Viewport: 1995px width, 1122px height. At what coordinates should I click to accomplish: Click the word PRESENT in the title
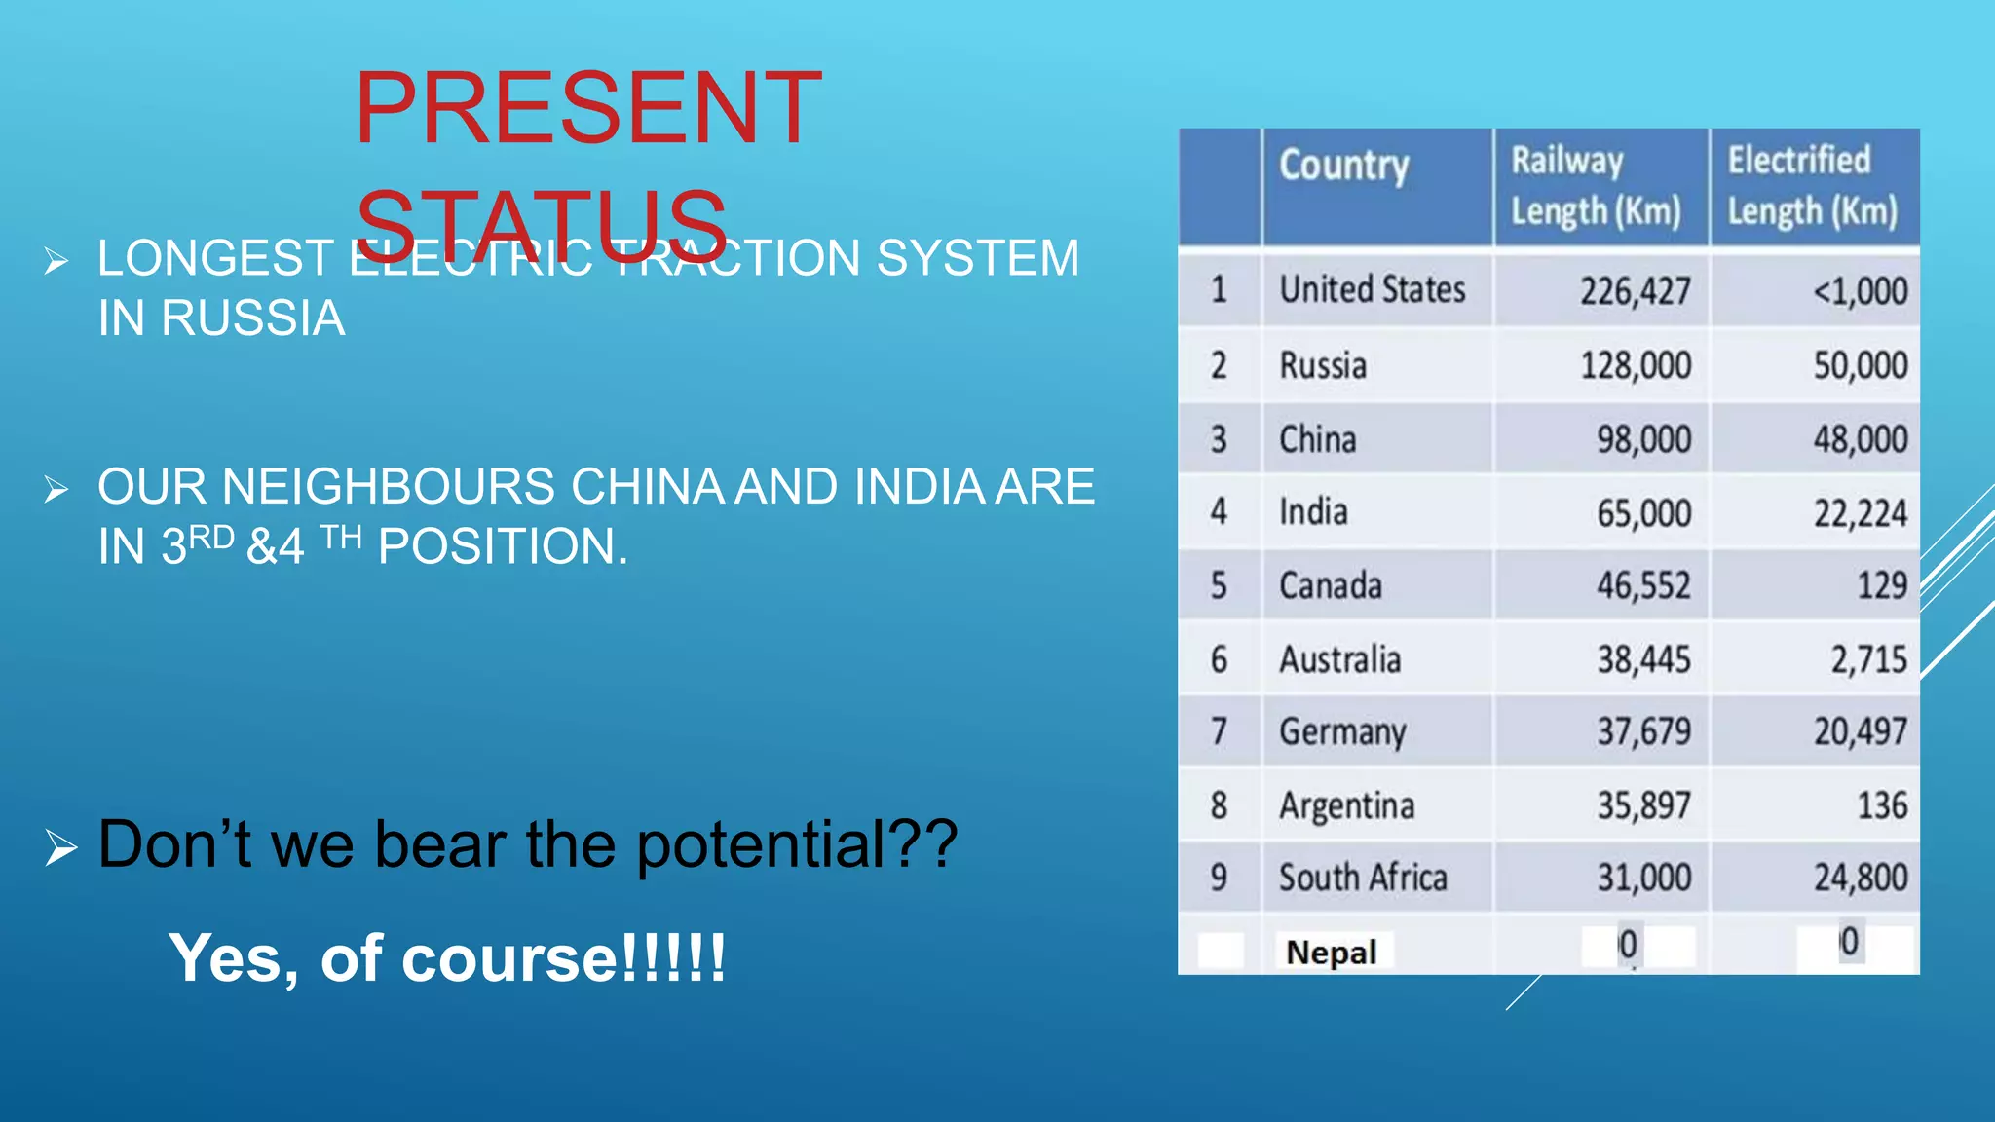coord(588,108)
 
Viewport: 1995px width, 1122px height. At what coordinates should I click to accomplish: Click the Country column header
coord(1343,166)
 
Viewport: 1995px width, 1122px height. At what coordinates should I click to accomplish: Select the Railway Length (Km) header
coord(1596,186)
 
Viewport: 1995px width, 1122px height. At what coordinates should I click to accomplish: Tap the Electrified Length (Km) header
coord(1812,186)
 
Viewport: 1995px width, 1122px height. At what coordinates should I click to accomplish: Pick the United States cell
coord(1372,290)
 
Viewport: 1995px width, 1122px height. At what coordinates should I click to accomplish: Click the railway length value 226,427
coord(1635,291)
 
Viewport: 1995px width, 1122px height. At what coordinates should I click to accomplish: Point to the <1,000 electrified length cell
coord(1859,291)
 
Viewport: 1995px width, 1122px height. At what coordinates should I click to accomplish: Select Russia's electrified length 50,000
coord(1860,365)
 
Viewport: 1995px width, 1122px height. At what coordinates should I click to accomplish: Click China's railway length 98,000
coord(1643,439)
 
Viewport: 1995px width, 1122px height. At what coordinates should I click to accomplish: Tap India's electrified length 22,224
coord(1860,513)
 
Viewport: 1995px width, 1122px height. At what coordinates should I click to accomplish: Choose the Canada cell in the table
coord(1330,586)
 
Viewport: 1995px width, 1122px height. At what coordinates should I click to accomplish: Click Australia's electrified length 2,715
coord(1868,660)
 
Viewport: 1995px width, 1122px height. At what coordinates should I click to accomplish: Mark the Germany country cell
coord(1342,732)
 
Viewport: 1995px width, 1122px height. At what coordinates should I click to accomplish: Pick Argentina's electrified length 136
coord(1881,805)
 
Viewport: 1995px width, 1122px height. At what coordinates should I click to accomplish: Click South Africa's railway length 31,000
coord(1643,878)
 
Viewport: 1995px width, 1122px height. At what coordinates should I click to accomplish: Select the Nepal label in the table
coord(1331,952)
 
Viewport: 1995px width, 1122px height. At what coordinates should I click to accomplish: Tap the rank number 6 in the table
coord(1219,660)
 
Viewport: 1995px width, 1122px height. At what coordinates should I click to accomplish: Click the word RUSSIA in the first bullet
coord(253,318)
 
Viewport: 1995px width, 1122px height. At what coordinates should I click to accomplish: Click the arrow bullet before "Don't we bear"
coord(60,847)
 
